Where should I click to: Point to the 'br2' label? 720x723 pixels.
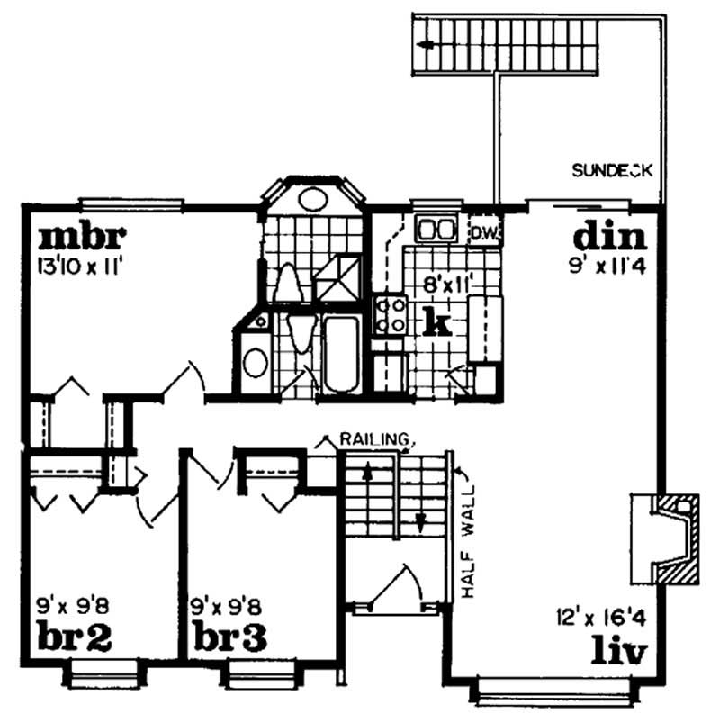point(76,637)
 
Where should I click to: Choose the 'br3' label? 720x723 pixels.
point(229,637)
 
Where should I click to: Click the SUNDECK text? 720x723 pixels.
point(612,170)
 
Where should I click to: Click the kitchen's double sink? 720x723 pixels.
point(435,229)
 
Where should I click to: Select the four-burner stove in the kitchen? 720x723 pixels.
point(391,315)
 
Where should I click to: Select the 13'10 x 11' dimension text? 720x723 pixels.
point(80,265)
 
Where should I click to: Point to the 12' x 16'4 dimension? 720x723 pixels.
point(600,620)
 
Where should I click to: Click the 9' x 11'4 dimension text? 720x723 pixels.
point(608,265)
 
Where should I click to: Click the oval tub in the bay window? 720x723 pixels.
point(312,199)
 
